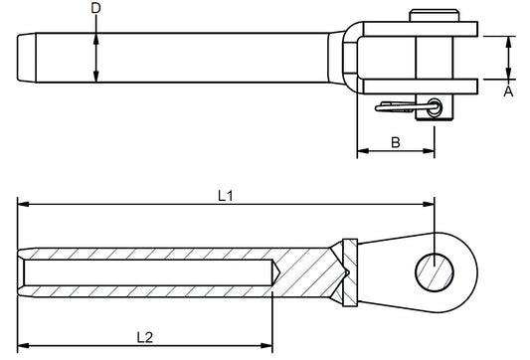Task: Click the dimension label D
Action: coord(95,9)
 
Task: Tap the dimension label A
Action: coord(508,90)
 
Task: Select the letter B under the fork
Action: coord(395,143)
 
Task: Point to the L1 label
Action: coord(226,196)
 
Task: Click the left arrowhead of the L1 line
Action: coord(23,206)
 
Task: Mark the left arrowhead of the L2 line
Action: coord(23,349)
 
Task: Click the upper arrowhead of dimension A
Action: coord(508,42)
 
